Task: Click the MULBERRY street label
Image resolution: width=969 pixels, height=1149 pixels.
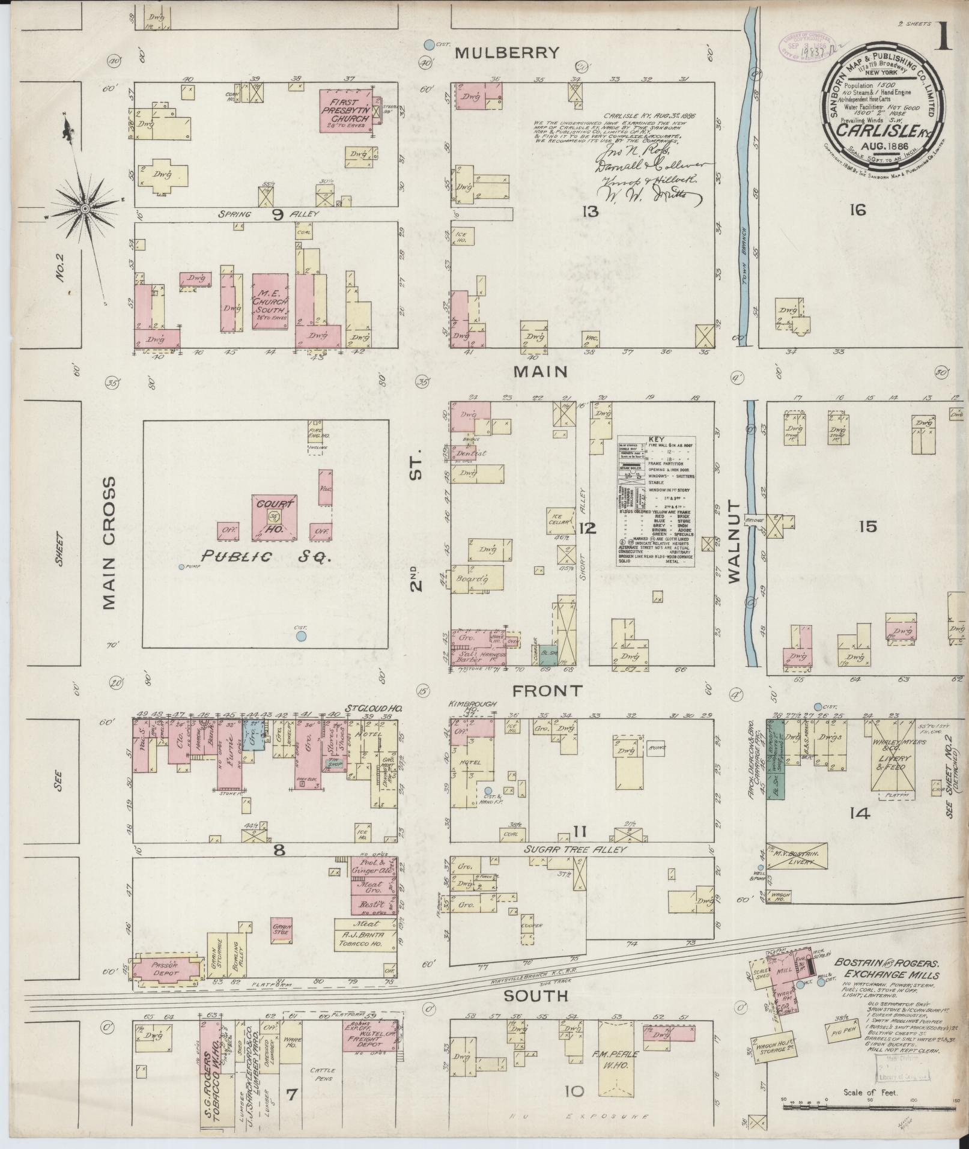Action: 506,53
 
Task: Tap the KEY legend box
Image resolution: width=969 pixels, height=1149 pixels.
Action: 656,502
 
